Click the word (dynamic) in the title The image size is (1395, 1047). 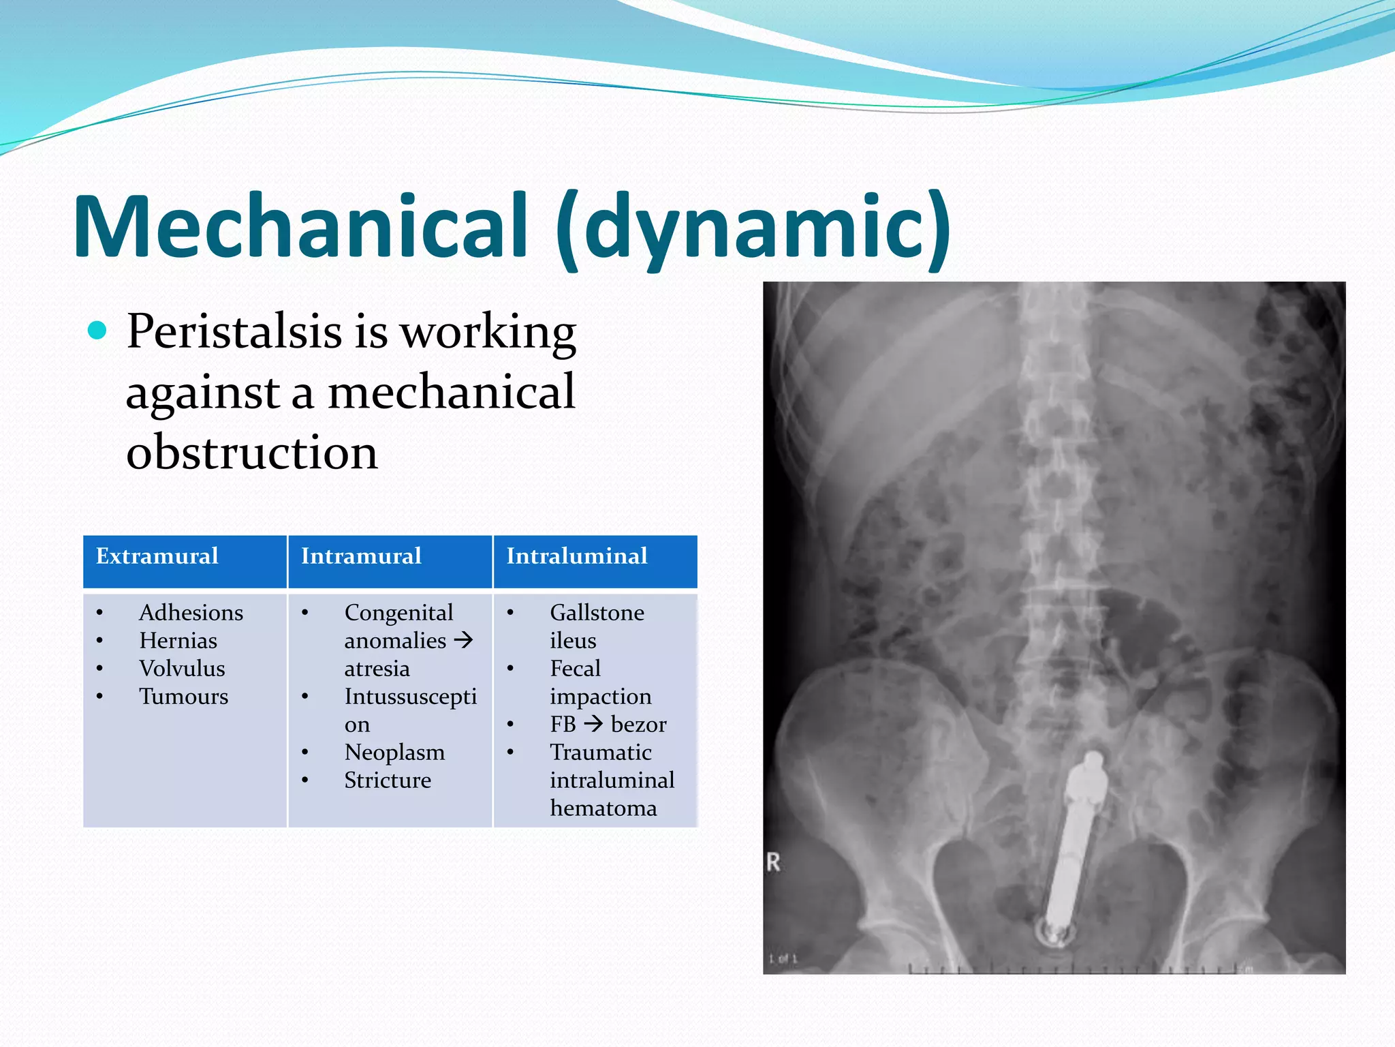[x=753, y=228]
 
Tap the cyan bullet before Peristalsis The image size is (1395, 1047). [x=98, y=331]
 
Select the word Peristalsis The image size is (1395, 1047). [x=234, y=332]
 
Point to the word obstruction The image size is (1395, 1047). [x=251, y=453]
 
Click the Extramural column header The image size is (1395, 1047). [x=157, y=556]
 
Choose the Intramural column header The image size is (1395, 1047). [x=361, y=556]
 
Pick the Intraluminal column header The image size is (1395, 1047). [x=576, y=556]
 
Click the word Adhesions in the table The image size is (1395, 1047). [x=191, y=613]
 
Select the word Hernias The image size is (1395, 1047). [x=178, y=641]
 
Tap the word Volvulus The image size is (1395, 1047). [x=182, y=669]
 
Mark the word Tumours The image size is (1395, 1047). [x=183, y=697]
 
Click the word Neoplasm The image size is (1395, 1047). [x=394, y=753]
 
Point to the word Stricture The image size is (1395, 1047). [x=388, y=780]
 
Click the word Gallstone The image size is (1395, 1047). [x=597, y=613]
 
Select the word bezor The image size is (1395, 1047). [x=638, y=725]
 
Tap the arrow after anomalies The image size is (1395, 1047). [x=463, y=641]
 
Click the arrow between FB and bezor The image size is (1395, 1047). [x=593, y=724]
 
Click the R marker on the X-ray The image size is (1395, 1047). [x=773, y=862]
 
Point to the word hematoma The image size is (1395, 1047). [x=603, y=808]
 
